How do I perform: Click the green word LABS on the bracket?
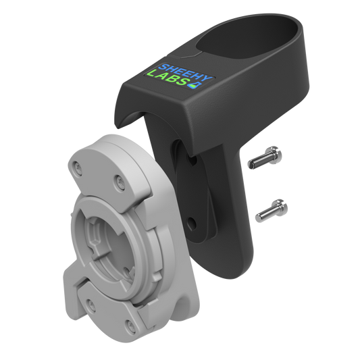pos(168,78)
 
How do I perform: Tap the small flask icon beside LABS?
pos(195,84)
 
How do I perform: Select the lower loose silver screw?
pos(272,211)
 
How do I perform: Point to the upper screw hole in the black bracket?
pos(192,159)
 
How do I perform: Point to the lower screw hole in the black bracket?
pos(192,222)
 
